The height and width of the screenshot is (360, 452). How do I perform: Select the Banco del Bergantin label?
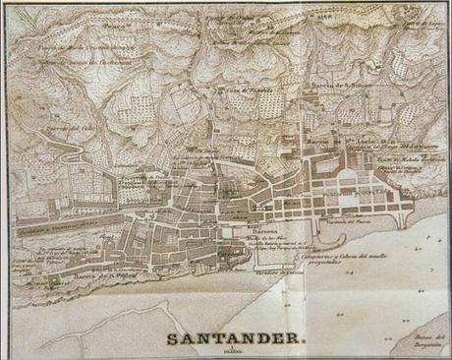(424, 339)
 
